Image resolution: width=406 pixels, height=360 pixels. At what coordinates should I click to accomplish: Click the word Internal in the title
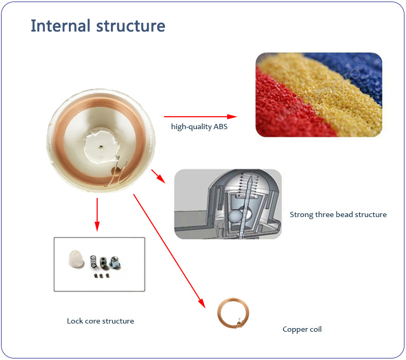(61, 26)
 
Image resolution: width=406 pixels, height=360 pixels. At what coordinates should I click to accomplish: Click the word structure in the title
(131, 26)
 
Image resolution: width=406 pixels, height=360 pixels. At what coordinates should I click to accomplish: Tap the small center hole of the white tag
(101, 148)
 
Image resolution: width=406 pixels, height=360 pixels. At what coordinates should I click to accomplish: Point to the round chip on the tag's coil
(116, 171)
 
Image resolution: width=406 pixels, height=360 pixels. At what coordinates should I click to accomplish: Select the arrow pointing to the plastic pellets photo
(200, 117)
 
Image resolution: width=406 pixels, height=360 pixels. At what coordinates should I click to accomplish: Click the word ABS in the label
(220, 127)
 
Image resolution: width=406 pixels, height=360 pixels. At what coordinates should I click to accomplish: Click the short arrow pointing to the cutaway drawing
(158, 176)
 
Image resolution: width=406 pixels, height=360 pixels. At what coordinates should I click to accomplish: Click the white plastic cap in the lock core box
(76, 259)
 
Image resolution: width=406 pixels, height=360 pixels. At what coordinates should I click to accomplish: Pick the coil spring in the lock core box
(94, 262)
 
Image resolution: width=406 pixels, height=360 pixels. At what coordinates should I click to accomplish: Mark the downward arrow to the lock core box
(97, 214)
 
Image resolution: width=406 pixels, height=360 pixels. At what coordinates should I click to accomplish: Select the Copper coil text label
(302, 330)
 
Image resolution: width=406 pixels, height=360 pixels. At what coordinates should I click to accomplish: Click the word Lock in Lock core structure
(75, 321)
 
